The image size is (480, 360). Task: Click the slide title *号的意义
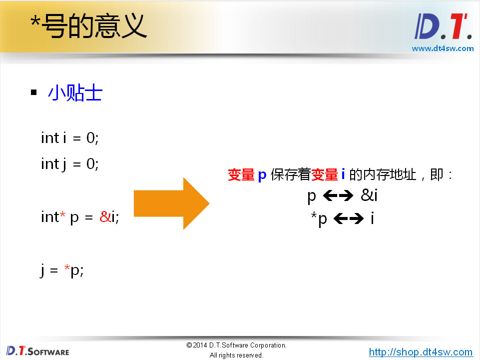click(x=88, y=26)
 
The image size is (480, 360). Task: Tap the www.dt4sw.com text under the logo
click(x=442, y=48)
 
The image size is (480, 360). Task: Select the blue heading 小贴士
click(x=75, y=93)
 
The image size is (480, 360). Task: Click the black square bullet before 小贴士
click(x=34, y=93)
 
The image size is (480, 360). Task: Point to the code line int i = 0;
click(x=70, y=137)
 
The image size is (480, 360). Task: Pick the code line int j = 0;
click(x=70, y=163)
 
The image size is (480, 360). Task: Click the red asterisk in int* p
click(x=62, y=216)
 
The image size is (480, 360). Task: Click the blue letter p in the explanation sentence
click(x=262, y=175)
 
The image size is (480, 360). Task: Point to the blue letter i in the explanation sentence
click(x=343, y=175)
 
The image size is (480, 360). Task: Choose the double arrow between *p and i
click(x=348, y=218)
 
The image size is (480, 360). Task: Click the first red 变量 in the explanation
click(x=241, y=175)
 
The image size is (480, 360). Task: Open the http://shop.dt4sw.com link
click(x=421, y=352)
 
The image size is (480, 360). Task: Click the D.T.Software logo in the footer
click(x=37, y=350)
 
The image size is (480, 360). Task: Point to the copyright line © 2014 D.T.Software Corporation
click(x=236, y=345)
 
